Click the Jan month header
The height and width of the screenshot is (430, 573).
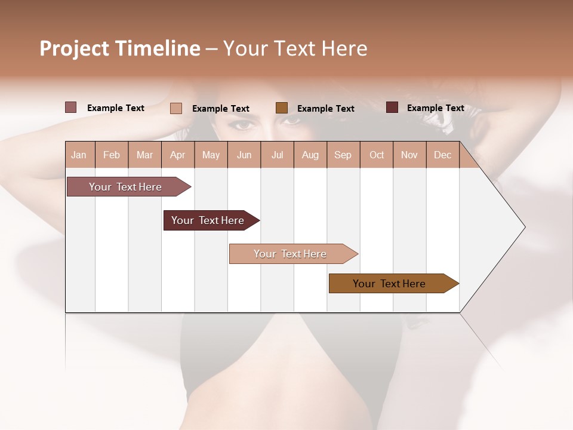[x=79, y=155]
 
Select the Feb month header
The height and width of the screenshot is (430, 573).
[x=112, y=155]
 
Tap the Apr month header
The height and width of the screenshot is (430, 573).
[x=177, y=155]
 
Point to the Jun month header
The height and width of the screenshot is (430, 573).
[x=244, y=155]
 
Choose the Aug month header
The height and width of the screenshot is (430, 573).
[x=310, y=155]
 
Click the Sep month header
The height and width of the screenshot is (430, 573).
[x=343, y=155]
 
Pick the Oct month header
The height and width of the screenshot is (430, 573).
[x=377, y=155]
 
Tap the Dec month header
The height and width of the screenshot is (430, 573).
[x=442, y=155]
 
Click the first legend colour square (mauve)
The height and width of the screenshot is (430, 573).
[x=70, y=107]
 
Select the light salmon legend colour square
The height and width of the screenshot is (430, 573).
[x=175, y=108]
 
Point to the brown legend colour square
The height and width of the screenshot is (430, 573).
[x=282, y=107]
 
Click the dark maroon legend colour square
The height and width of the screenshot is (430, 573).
[x=392, y=107]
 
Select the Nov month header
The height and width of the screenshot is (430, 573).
[x=409, y=155]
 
